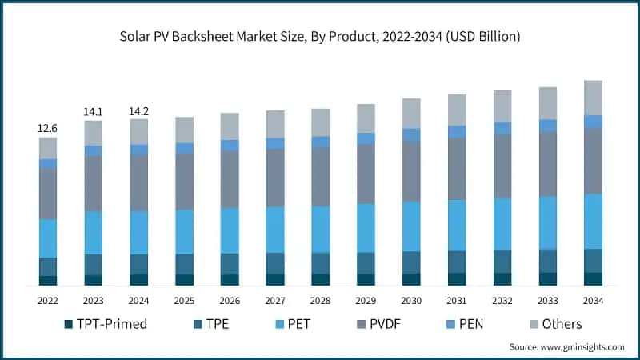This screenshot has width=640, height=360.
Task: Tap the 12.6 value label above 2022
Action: click(x=48, y=128)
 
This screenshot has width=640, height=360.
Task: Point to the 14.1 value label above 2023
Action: click(x=94, y=112)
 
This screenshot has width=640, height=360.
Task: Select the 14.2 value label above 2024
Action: click(x=139, y=112)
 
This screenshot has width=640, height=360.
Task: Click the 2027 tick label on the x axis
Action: click(x=276, y=300)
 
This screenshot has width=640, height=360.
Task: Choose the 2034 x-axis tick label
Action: click(x=593, y=300)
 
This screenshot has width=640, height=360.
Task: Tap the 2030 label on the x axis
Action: click(x=411, y=300)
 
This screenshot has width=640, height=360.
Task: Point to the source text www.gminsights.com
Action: click(x=566, y=346)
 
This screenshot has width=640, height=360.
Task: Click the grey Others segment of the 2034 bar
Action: click(x=593, y=98)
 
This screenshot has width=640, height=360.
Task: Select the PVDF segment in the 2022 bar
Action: click(x=48, y=194)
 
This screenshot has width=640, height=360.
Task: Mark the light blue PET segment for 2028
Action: click(x=321, y=230)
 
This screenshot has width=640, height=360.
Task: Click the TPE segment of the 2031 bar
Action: click(x=457, y=262)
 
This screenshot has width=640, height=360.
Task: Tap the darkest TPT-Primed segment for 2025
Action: click(x=185, y=279)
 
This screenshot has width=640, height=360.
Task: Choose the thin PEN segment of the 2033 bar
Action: click(x=547, y=126)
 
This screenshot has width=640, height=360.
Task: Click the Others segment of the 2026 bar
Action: click(x=230, y=126)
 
